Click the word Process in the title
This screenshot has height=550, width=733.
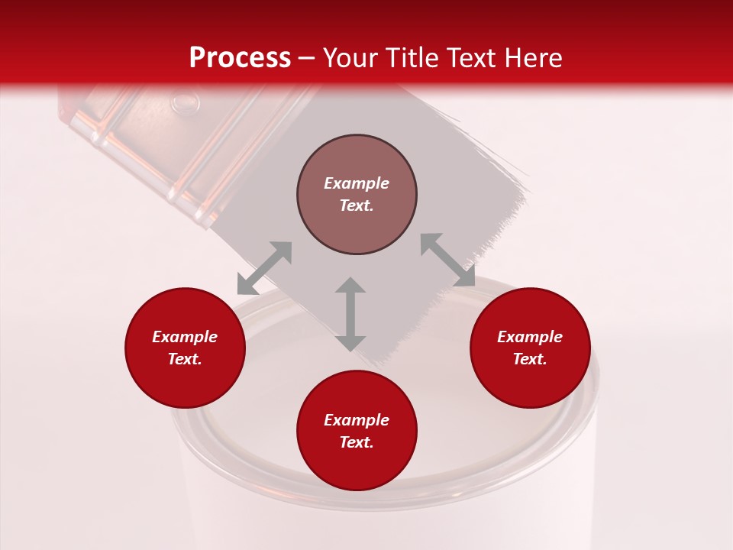pos(240,58)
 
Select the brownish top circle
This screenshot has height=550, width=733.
pos(357,194)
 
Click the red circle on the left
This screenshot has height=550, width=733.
pos(185,348)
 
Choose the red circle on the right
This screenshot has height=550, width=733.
pos(530,348)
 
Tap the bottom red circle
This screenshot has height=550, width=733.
pos(357,430)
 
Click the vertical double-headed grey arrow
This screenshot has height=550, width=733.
pos(350,314)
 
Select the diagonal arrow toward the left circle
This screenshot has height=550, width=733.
pos(264,268)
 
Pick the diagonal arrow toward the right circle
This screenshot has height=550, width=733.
pos(447,260)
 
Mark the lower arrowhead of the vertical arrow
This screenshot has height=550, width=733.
pos(350,342)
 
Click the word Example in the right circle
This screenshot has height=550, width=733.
pos(530,337)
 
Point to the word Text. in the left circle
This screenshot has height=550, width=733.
pos(185,359)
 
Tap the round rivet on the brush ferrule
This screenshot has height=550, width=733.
pos(184,101)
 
